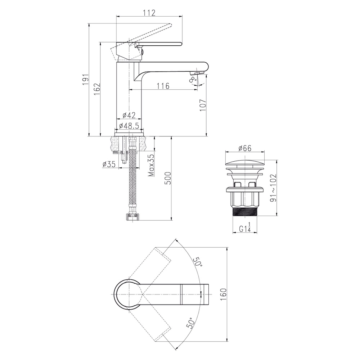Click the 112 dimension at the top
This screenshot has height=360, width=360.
pos(150,13)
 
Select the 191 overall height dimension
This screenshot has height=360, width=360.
pos(86,80)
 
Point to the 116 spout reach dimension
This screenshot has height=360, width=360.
pos(163,86)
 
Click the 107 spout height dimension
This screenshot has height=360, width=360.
pos(203,105)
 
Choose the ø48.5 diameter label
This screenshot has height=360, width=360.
pos(129,126)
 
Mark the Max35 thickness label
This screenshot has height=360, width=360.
pos(151,165)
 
